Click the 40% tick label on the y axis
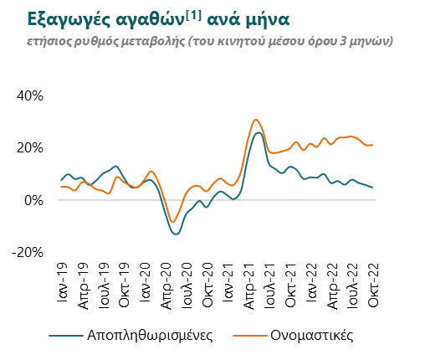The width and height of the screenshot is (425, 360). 30,96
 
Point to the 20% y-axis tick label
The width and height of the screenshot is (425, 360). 30,148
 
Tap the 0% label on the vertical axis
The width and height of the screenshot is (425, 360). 33,200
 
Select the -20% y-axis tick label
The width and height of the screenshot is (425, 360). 28,253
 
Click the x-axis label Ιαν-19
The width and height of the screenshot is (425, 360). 62,282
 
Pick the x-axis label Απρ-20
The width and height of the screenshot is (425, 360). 166,286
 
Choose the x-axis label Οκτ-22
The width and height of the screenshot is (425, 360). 374,285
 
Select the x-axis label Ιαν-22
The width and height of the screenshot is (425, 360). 312,282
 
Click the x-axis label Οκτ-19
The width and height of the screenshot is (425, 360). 125,285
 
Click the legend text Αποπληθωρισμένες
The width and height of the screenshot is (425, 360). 150,335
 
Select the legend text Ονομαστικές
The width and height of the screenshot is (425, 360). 312,335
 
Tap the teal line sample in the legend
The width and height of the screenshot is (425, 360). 66,336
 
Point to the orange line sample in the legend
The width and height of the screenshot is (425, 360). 249,336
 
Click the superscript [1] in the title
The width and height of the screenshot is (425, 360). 193,16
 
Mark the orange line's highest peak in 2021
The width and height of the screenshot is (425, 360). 256,120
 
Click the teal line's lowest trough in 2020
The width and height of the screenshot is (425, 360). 177,234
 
